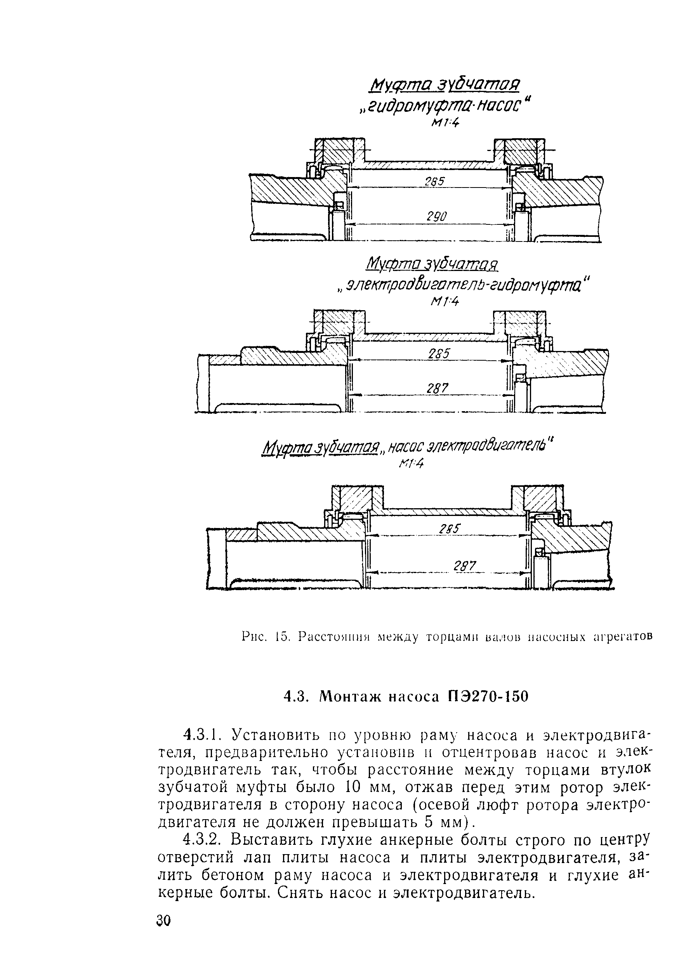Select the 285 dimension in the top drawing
pos(435,181)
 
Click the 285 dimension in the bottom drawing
pos(450,529)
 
